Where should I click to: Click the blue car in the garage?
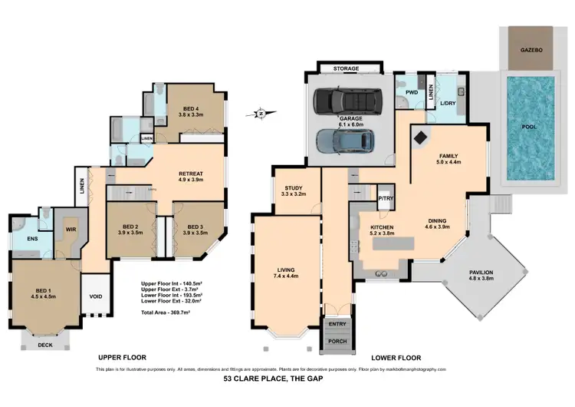[345, 141]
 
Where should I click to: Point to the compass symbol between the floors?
[261, 114]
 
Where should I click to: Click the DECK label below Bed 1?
[47, 345]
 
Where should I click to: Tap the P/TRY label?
[385, 198]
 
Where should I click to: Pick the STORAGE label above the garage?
[346, 70]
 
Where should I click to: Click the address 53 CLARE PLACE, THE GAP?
[287, 379]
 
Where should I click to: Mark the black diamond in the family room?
[421, 138]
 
